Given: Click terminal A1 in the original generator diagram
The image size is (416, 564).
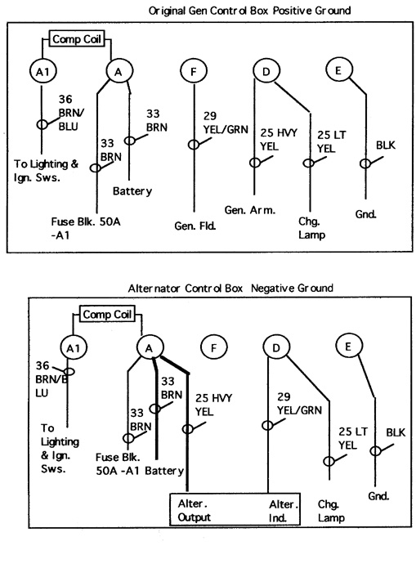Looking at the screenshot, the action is (x=42, y=72).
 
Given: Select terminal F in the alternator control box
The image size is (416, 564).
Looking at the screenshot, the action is (x=213, y=348).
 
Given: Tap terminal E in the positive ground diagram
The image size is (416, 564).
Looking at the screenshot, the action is (x=338, y=70).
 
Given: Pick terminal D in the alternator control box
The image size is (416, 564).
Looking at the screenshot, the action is (x=276, y=348).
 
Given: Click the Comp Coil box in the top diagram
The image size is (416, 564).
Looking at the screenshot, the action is (x=77, y=39).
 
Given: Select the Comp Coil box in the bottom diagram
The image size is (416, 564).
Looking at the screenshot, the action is (x=107, y=315).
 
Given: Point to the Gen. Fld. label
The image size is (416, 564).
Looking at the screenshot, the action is (x=195, y=226).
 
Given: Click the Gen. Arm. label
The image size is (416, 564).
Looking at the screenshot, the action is (x=250, y=210).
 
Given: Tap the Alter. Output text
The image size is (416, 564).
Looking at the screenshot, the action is (x=195, y=510).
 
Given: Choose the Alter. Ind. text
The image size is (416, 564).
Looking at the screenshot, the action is (x=284, y=511).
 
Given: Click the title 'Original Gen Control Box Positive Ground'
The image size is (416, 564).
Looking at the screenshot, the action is (x=249, y=11).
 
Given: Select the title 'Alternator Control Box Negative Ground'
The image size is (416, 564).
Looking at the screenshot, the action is (x=230, y=289).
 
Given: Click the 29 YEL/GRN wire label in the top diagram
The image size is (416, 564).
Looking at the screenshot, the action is (x=226, y=123).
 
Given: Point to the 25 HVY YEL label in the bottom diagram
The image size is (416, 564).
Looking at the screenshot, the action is (x=213, y=405).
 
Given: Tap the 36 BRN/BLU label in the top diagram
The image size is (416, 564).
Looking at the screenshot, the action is (x=71, y=113).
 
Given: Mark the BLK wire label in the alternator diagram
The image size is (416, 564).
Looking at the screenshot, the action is (x=396, y=432).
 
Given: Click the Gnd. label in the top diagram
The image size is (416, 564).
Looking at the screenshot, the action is (x=365, y=214).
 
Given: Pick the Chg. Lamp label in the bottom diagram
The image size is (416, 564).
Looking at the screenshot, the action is (x=331, y=511).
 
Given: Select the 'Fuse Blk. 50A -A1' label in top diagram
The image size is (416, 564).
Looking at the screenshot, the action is (x=86, y=228).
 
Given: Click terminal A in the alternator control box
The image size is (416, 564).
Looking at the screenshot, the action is (x=150, y=348).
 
